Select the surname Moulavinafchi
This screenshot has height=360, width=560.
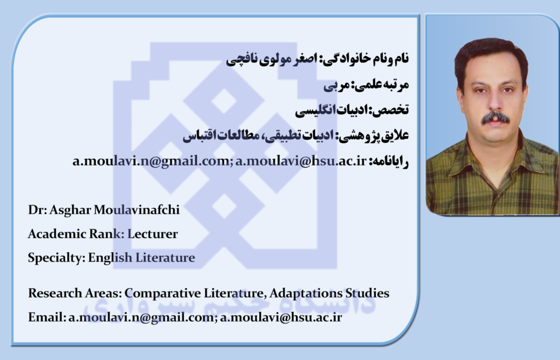point(136,210)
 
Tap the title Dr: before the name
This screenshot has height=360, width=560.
point(38,210)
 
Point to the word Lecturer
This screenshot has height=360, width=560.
point(153,234)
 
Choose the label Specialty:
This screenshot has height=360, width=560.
point(56,258)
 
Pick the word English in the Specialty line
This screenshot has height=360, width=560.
point(110,258)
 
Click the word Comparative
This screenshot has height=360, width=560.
point(162,294)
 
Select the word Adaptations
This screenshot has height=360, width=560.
point(306,293)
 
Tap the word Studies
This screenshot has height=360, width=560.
point(367,293)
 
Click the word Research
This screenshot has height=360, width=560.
point(55,293)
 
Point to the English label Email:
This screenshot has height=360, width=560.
point(47,317)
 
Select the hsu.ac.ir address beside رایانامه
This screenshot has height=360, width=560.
point(301,161)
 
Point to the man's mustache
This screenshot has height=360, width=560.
point(495,118)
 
